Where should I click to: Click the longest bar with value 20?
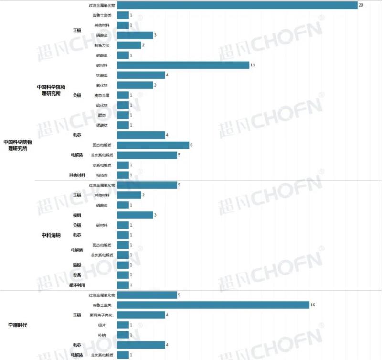237,5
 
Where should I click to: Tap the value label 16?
313,305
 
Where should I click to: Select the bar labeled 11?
183,65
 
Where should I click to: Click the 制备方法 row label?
102,45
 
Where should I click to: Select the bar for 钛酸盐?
141,75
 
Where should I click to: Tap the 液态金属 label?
102,95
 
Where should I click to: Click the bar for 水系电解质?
123,165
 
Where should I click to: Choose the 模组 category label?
76,215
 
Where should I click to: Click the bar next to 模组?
135,215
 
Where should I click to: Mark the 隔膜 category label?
76,265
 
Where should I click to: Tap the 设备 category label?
76,275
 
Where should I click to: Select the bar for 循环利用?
123,285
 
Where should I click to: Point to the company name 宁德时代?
18,325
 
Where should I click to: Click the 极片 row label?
102,325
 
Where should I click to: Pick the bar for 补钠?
123,335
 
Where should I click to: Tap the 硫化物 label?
102,105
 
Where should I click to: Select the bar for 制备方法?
129,45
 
